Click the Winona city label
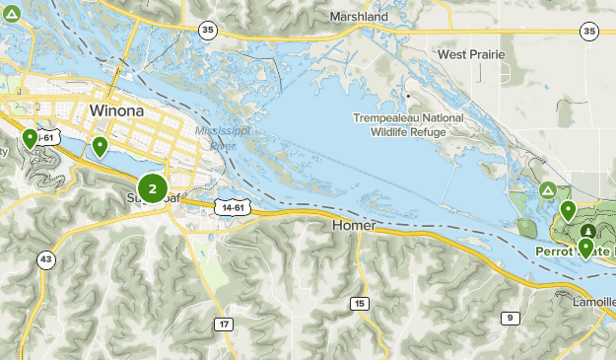[115, 110]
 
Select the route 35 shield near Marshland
[206, 30]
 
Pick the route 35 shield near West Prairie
[589, 32]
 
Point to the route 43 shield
[45, 259]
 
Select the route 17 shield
[226, 324]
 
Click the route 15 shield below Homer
[360, 303]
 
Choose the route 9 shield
[510, 317]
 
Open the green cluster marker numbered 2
[152, 187]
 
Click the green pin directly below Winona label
[100, 147]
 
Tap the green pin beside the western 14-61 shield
[31, 138]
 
